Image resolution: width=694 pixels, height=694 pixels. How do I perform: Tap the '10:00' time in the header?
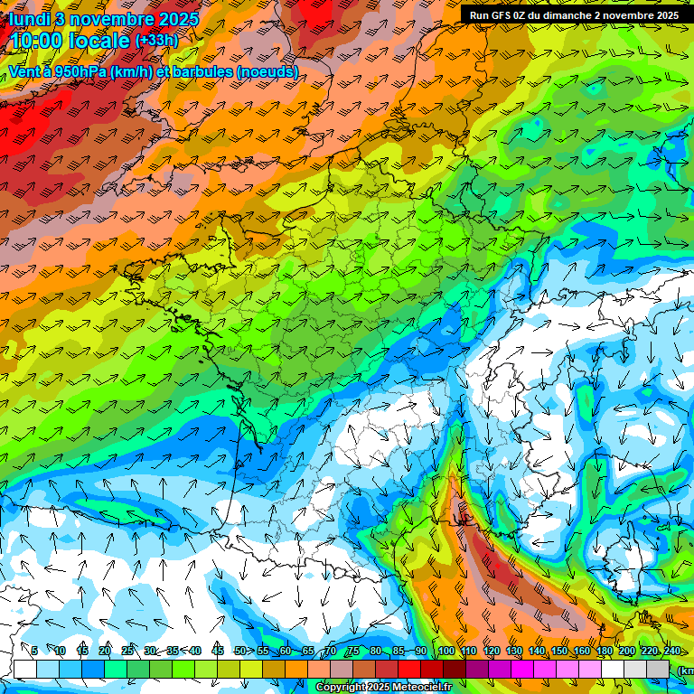pos(40,41)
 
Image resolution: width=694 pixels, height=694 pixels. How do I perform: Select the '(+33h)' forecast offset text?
pos(156,41)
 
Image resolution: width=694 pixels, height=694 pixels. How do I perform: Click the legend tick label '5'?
pos(33,651)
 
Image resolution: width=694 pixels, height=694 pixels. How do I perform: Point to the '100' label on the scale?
pos(445,651)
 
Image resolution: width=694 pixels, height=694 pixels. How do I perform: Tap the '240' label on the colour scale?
pos(671,651)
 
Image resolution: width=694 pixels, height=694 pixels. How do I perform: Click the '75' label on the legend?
pos(353,651)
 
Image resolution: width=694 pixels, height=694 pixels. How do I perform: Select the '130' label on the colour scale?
pos(513,651)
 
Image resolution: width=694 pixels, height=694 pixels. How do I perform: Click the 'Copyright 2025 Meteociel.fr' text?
pos(384,688)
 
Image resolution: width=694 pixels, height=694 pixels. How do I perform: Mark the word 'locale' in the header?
pos(105,41)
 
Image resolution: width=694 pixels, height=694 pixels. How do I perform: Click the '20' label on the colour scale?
pos(105,651)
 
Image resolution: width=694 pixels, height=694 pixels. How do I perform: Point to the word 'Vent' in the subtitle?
pos(26,71)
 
